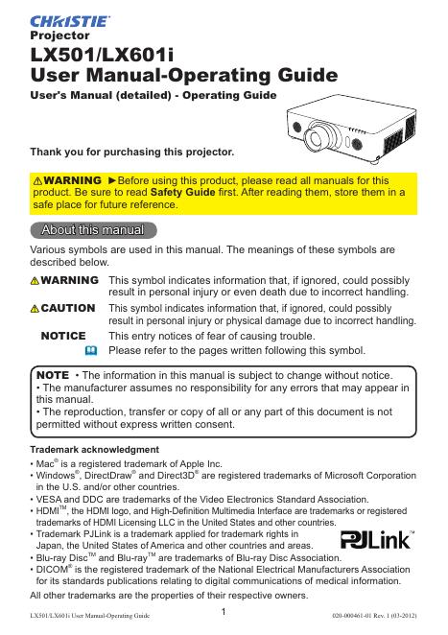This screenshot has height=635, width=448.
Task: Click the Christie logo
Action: pyautogui.click(x=70, y=21)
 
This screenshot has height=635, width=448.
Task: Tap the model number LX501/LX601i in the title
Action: pyautogui.click(x=102, y=55)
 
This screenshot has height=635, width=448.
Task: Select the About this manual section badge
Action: pyautogui.click(x=93, y=230)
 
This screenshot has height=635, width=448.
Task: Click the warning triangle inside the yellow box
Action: pyautogui.click(x=37, y=180)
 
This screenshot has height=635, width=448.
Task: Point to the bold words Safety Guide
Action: pyautogui.click(x=182, y=193)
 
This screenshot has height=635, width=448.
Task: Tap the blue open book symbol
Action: pyautogui.click(x=91, y=350)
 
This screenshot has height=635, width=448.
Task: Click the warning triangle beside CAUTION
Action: pyautogui.click(x=35, y=309)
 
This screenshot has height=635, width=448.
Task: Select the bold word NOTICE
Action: pyautogui.click(x=63, y=336)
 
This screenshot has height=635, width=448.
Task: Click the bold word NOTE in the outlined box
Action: pyautogui.click(x=53, y=375)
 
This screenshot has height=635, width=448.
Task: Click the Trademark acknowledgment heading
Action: pyautogui.click(x=94, y=450)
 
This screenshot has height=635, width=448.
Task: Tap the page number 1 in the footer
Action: pyautogui.click(x=224, y=612)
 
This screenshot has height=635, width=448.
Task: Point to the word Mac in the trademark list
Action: pyautogui.click(x=45, y=464)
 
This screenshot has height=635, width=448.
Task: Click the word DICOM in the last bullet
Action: pyautogui.click(x=52, y=570)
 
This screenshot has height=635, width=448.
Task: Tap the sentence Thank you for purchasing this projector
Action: pyautogui.click(x=132, y=153)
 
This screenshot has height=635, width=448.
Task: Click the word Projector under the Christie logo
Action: pyautogui.click(x=59, y=35)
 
